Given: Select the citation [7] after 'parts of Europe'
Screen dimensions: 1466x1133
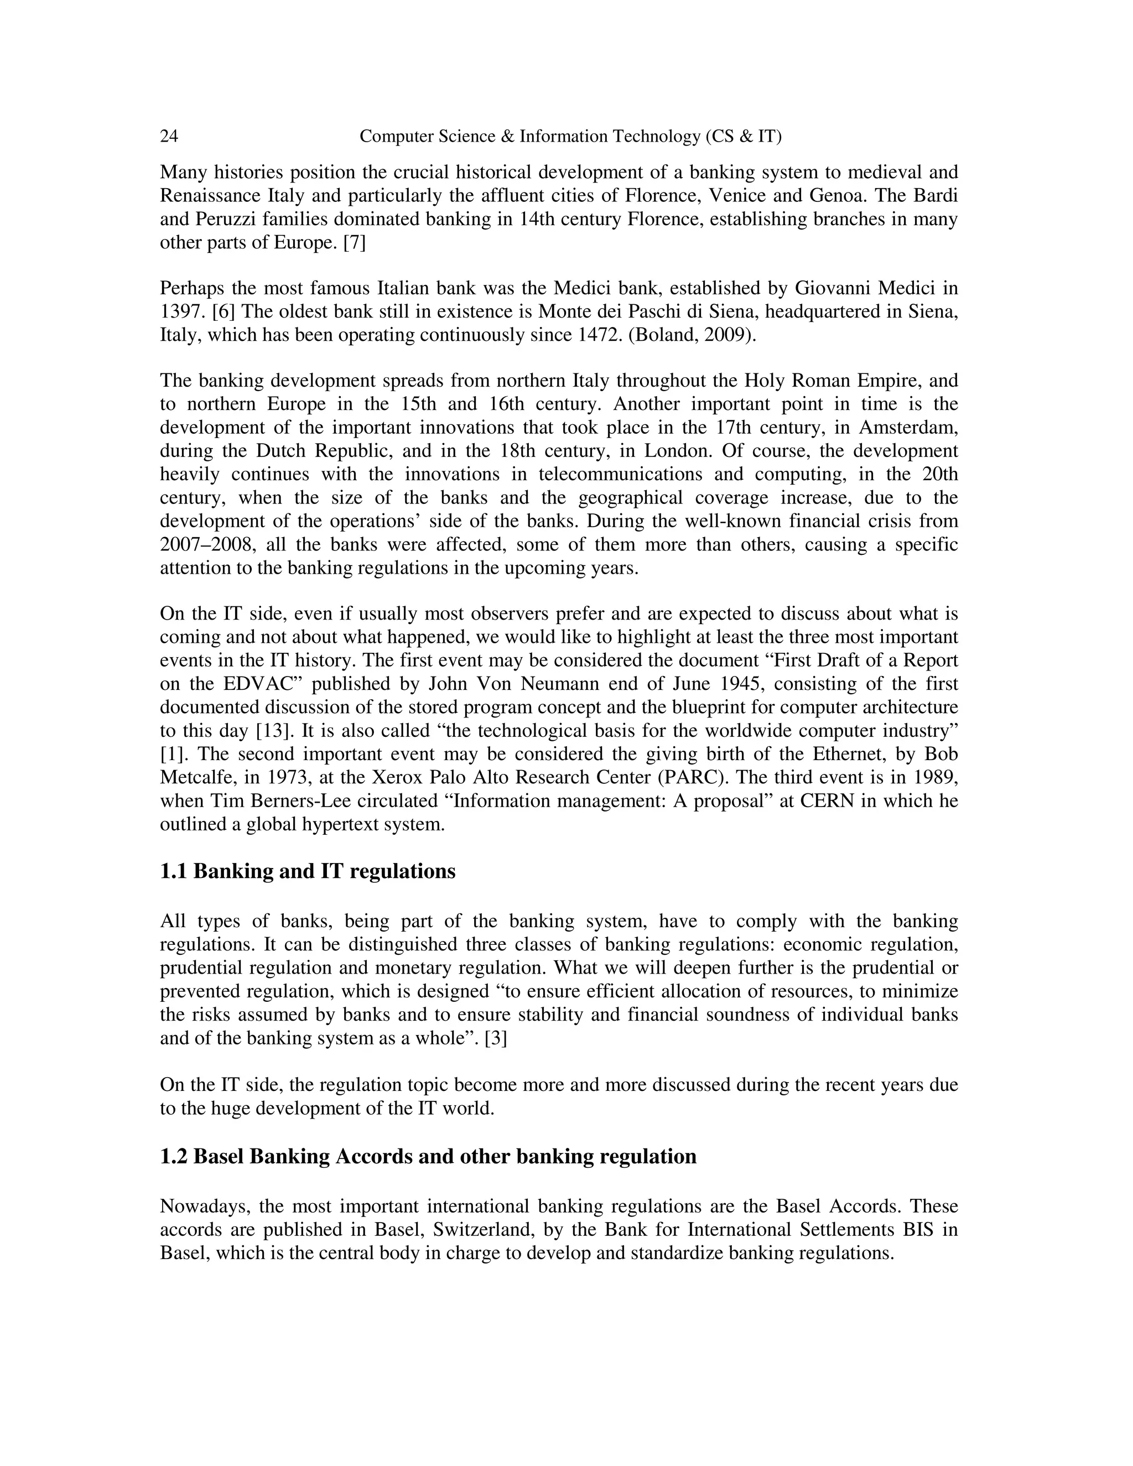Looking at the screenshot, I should coord(355,242).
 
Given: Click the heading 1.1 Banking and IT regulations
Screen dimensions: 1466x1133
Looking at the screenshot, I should coord(308,871).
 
